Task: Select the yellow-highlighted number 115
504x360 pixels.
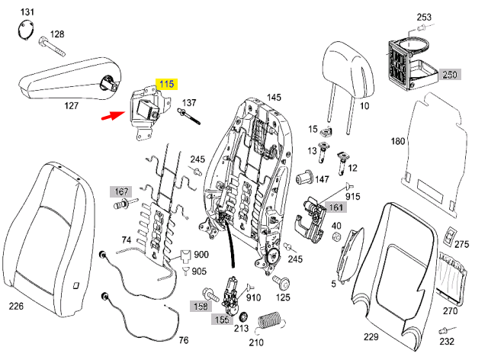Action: click(x=166, y=84)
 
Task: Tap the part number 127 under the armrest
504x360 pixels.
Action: click(x=71, y=105)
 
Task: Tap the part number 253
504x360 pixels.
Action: click(x=424, y=17)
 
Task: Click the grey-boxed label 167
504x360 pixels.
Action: click(x=120, y=191)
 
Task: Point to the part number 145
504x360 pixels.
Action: click(x=274, y=98)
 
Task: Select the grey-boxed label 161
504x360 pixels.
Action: click(x=336, y=206)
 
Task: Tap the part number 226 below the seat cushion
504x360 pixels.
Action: click(x=16, y=307)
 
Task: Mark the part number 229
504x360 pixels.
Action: click(x=371, y=337)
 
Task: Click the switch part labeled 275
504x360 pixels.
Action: click(x=453, y=235)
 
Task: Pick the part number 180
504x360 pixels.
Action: click(x=398, y=141)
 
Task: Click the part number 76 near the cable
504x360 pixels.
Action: click(x=183, y=340)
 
